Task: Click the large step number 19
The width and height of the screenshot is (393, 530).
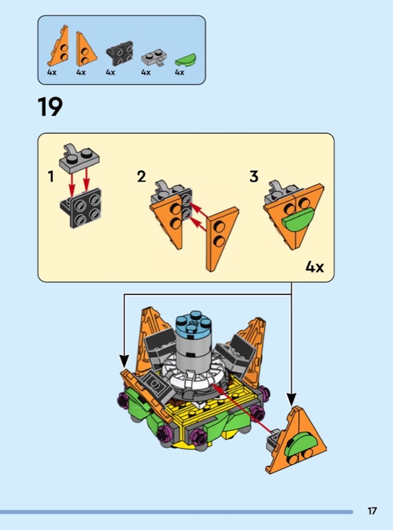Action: point(50,107)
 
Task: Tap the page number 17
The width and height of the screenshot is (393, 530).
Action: point(372,511)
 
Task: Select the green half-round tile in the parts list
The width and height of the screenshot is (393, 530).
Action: point(186,60)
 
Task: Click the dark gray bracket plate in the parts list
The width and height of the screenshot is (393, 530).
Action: point(119,53)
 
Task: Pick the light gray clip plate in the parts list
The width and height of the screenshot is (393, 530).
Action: point(154,58)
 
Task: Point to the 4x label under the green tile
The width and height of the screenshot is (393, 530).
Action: point(180,72)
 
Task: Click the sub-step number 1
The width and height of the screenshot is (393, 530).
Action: point(51,176)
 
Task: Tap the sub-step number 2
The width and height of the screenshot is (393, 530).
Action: point(141,176)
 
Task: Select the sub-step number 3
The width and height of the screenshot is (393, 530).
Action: point(254,176)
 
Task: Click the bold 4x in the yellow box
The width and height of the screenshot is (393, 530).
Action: point(315,267)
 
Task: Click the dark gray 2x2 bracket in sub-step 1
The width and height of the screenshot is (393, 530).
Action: point(81,208)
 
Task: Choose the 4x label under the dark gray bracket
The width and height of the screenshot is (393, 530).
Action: point(111,72)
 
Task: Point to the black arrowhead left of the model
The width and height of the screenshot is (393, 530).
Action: point(124,361)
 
